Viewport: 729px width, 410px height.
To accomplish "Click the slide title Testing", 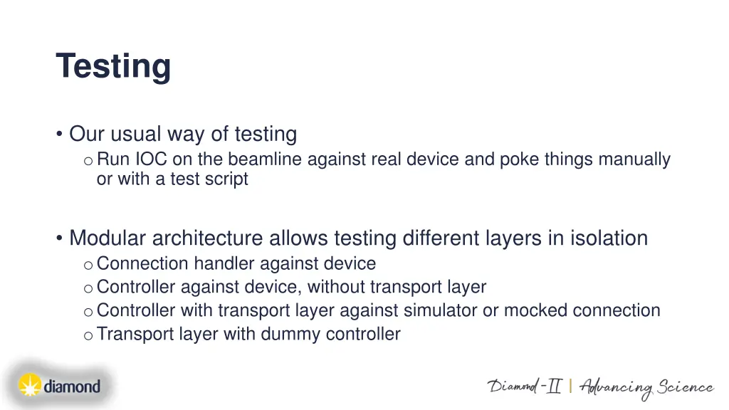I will click(113, 66).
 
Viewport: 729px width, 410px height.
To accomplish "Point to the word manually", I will click(634, 159).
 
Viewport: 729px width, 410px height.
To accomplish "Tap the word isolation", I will click(608, 238).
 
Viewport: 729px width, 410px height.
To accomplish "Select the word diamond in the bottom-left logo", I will click(71, 387).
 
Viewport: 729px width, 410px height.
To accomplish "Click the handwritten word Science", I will click(685, 387).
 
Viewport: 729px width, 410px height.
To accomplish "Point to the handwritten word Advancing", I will click(616, 388).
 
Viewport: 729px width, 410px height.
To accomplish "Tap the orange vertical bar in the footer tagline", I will click(570, 387).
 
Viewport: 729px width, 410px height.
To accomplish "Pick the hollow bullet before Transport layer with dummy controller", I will click(87, 335).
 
